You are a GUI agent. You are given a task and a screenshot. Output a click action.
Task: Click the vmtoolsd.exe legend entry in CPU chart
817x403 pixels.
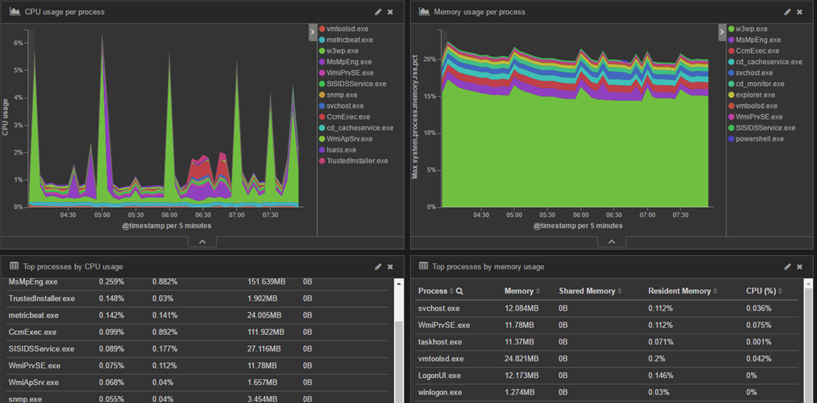click(347, 29)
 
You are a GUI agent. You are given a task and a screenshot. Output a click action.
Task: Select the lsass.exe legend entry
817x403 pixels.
click(341, 150)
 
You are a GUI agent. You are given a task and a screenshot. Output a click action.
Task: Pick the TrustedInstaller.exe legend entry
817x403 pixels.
click(357, 161)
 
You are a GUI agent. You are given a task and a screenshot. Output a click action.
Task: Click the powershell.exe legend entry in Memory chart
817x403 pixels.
click(759, 139)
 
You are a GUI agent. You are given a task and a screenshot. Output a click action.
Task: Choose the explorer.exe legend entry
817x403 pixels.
click(755, 95)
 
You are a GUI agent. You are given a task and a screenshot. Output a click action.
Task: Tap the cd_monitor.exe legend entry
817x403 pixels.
click(759, 84)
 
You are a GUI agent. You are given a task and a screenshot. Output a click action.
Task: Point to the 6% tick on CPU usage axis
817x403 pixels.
click(19, 43)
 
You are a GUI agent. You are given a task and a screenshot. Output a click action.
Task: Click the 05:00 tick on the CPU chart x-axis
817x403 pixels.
click(102, 215)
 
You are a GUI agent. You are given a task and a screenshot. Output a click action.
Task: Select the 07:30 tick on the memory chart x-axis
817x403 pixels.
click(680, 215)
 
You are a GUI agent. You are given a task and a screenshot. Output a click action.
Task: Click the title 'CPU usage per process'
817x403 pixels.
click(64, 12)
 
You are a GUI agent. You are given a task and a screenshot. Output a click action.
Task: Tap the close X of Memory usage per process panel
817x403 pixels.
click(800, 12)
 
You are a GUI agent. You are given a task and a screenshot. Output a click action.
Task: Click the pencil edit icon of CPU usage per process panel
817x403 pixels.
click(379, 12)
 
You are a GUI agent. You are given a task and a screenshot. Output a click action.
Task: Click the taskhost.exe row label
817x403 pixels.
click(440, 342)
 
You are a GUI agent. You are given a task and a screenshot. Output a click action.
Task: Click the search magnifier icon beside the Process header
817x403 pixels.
click(459, 291)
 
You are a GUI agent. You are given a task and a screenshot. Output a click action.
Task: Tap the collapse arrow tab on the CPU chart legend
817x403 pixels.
click(312, 32)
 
